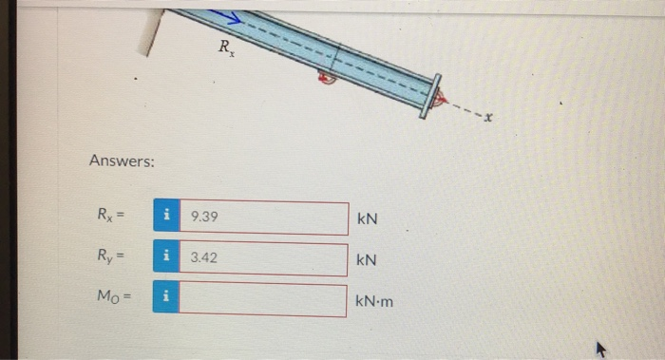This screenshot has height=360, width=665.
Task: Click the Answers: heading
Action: pyautogui.click(x=122, y=161)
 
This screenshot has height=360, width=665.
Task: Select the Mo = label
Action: pyautogui.click(x=112, y=300)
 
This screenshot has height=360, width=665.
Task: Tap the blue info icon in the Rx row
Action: pyautogui.click(x=165, y=218)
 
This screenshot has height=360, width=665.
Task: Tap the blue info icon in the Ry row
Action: pyautogui.click(x=165, y=258)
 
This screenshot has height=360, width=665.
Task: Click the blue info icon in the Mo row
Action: pyautogui.click(x=165, y=300)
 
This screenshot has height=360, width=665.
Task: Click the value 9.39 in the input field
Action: pyautogui.click(x=203, y=218)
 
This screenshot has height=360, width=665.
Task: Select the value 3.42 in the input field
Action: pyautogui.click(x=203, y=258)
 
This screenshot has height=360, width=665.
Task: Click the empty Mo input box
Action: pyautogui.click(x=262, y=300)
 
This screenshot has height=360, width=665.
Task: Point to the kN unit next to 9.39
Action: pyautogui.click(x=368, y=218)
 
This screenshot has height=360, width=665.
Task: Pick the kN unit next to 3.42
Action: pyautogui.click(x=368, y=259)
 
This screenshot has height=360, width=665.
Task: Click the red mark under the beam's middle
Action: pyautogui.click(x=328, y=80)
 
